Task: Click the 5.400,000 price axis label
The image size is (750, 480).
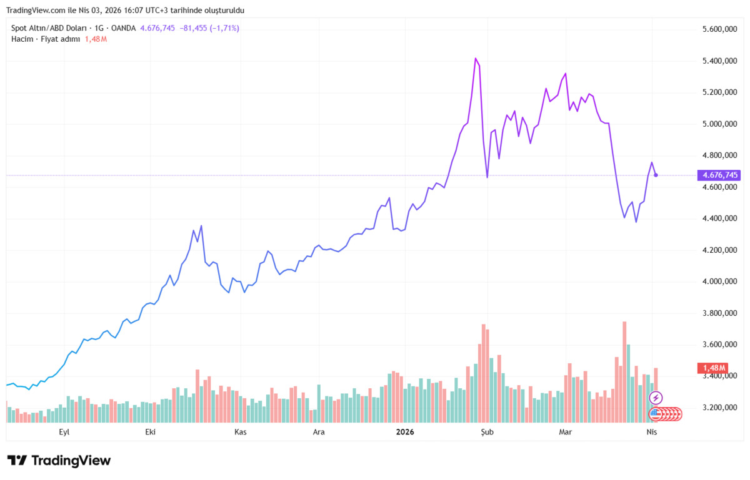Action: click(719, 61)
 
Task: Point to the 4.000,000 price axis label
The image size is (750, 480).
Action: click(719, 282)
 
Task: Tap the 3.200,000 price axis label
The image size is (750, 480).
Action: click(719, 408)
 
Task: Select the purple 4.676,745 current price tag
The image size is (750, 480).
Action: click(719, 175)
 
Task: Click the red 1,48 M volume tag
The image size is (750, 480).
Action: click(712, 368)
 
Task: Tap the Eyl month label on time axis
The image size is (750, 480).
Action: click(64, 432)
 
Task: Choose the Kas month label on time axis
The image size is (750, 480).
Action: click(241, 432)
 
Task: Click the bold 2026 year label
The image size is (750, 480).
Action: click(405, 432)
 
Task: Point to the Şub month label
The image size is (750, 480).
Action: click(487, 432)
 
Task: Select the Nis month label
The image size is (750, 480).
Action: click(651, 432)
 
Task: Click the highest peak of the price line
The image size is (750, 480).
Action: click(476, 59)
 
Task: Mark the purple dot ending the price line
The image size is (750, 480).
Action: click(656, 175)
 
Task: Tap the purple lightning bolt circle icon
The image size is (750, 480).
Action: click(656, 398)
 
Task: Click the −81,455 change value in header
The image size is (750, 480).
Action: click(193, 28)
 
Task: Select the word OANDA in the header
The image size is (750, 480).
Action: click(123, 28)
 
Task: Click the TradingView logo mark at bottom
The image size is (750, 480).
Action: click(17, 460)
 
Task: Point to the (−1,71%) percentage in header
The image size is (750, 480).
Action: click(224, 28)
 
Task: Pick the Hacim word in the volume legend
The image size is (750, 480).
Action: click(22, 39)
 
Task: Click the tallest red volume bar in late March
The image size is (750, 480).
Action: click(624, 371)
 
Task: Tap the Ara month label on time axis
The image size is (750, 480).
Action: click(318, 432)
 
